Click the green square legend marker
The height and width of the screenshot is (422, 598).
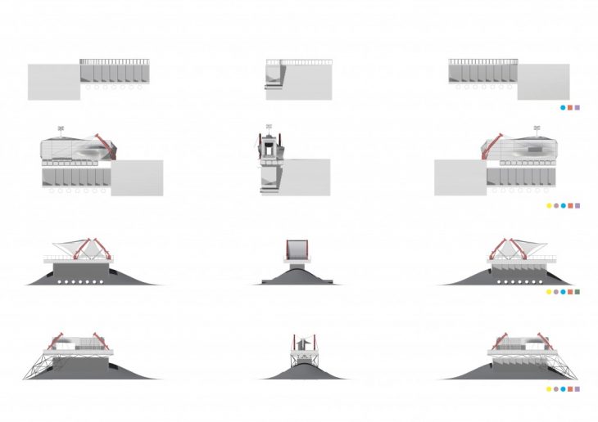(x=578, y=291)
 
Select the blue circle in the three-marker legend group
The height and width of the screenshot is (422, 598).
(x=561, y=107)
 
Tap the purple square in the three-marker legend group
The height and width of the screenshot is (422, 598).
(x=578, y=107)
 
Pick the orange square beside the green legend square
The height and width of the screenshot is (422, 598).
(x=569, y=291)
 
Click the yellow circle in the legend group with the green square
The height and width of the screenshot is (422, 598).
(x=547, y=291)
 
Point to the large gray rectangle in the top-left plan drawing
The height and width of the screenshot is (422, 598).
(x=53, y=82)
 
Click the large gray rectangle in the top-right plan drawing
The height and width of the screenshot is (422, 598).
(x=542, y=82)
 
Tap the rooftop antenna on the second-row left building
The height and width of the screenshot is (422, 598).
(x=61, y=128)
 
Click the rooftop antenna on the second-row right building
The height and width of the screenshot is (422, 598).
(x=537, y=128)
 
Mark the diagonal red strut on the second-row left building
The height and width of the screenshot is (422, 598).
(x=104, y=140)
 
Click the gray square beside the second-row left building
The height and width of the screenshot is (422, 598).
(x=137, y=177)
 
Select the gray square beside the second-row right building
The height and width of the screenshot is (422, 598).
(x=460, y=177)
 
